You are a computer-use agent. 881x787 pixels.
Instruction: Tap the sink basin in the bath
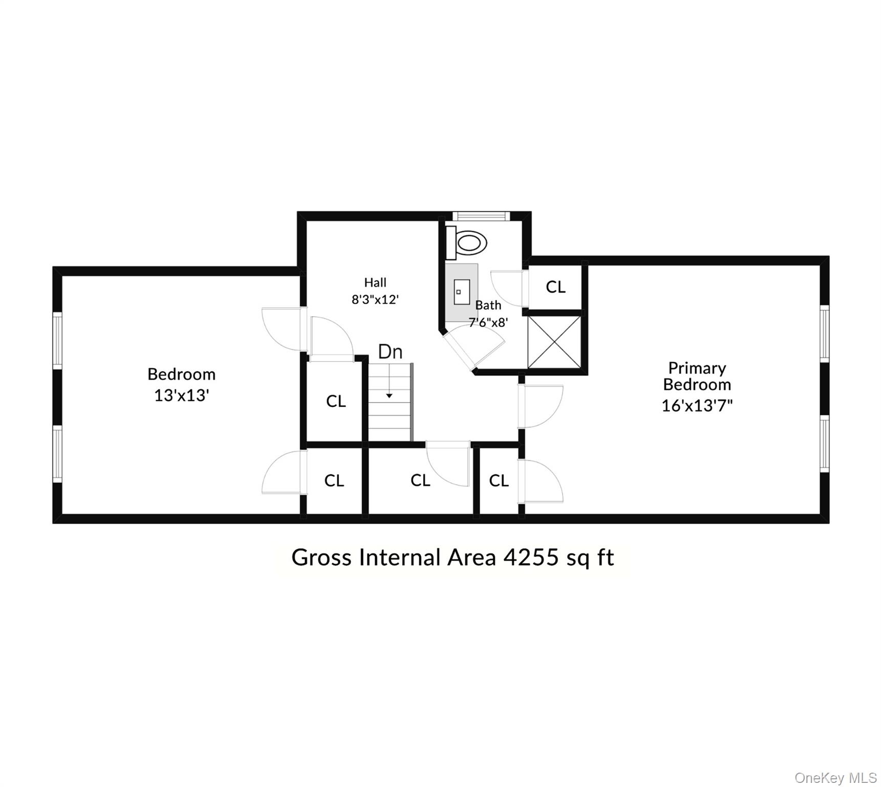(462, 292)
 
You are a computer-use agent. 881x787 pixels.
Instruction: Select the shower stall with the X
(554, 342)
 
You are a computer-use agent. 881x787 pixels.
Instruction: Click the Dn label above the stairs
(390, 352)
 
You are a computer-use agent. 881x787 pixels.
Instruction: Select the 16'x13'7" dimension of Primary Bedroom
(697, 406)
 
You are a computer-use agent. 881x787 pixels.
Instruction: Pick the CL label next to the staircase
(336, 401)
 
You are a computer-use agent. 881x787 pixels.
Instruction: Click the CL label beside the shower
(555, 287)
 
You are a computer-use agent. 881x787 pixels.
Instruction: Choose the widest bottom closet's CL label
(420, 481)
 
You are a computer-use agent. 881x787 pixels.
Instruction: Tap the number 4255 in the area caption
(530, 557)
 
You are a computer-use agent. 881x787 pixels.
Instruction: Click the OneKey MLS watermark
(835, 778)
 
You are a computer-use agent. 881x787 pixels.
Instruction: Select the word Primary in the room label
(697, 368)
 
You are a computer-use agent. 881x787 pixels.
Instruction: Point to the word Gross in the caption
(321, 557)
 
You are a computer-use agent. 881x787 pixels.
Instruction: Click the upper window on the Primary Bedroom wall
(824, 334)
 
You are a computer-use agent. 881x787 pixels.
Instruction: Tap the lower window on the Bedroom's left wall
(57, 453)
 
